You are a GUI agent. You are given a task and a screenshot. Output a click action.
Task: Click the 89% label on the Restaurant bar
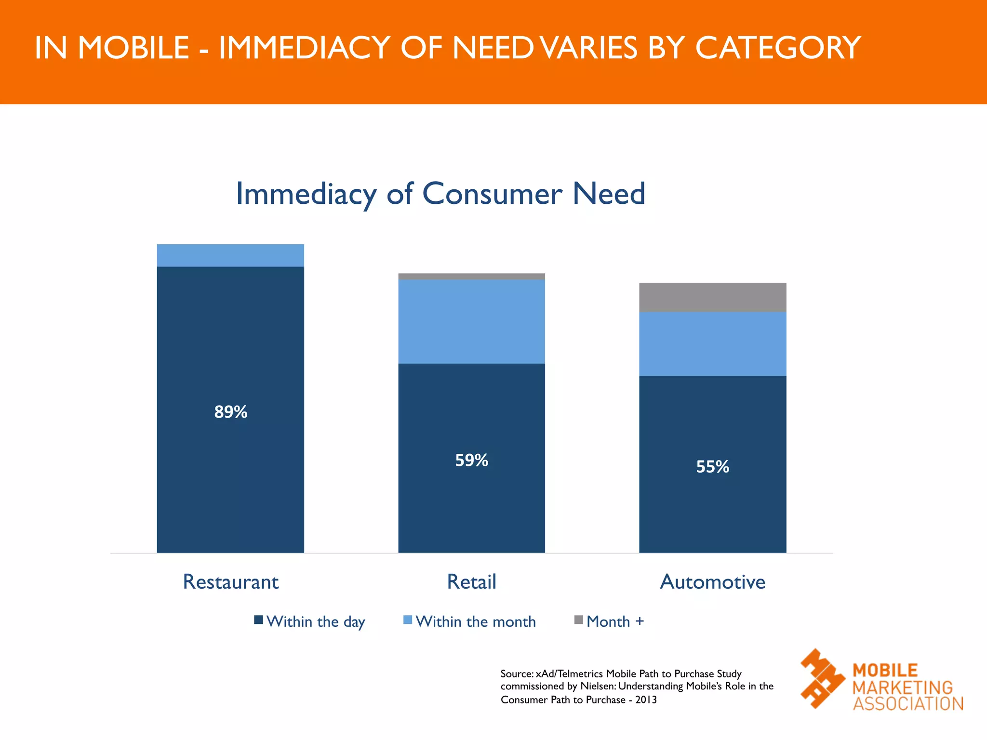230,412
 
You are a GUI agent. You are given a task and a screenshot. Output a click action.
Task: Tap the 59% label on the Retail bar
471,461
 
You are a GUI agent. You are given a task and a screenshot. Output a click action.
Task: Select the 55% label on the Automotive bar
712,467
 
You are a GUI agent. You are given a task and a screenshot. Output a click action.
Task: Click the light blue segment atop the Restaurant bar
230,255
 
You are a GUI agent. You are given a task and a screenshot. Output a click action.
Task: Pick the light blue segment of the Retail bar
471,321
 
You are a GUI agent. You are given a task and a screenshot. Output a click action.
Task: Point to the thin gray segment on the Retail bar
471,277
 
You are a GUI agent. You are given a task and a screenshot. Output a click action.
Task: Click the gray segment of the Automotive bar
712,297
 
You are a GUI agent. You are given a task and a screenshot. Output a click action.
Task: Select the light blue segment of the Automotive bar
712,344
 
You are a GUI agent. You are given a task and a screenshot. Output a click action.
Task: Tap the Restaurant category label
230,582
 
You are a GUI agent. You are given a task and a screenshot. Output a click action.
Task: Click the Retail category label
471,582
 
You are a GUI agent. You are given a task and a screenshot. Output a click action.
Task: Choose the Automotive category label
712,582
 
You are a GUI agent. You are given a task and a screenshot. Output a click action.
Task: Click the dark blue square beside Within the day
259,620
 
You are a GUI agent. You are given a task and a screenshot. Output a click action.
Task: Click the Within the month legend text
476,621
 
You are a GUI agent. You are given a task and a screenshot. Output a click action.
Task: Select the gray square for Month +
579,620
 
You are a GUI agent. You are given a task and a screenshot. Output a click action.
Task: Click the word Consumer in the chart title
492,194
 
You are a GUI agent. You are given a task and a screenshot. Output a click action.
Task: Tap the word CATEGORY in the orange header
777,48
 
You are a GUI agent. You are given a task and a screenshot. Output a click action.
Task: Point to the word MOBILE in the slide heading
133,48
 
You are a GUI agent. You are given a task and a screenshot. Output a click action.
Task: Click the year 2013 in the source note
646,700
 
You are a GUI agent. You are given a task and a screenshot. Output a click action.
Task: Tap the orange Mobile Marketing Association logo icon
822,678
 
